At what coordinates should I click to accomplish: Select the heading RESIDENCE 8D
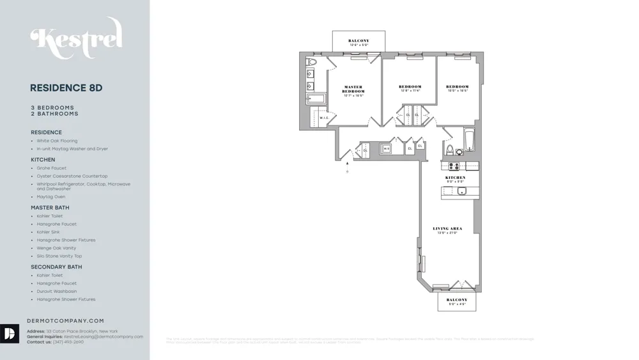[x=66, y=88]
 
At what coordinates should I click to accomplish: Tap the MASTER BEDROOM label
[x=353, y=90]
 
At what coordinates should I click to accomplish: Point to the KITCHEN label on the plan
[x=459, y=178]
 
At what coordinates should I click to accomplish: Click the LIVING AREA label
[x=447, y=230]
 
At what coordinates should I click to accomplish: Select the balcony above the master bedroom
[x=358, y=42]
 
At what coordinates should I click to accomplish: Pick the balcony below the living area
[x=457, y=301]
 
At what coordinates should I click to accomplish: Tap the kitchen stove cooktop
[x=454, y=166]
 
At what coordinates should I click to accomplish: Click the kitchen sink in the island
[x=461, y=191]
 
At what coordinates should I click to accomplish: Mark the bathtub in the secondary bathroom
[x=469, y=141]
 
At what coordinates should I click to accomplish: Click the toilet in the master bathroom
[x=312, y=63]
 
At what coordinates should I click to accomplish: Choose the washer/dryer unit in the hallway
[x=386, y=149]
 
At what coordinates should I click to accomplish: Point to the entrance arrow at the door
[x=347, y=164]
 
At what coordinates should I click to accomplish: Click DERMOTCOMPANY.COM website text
[x=65, y=321]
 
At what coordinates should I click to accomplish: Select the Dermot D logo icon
[x=10, y=333]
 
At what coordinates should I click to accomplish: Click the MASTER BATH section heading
[x=50, y=208]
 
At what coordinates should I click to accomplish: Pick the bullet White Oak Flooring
[x=57, y=141]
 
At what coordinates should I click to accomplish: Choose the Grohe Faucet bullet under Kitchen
[x=51, y=168]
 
